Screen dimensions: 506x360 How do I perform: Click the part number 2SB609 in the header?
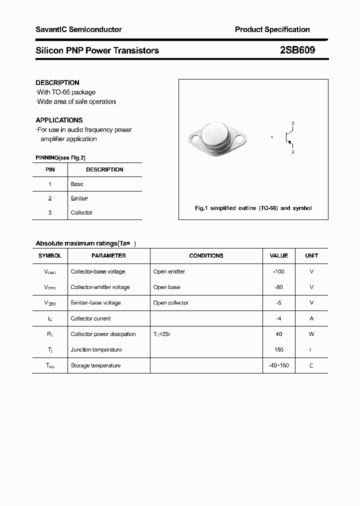297,50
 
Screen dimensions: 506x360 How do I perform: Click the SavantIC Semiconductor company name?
78,29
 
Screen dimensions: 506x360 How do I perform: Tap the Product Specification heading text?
272,29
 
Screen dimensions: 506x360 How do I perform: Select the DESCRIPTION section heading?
57,82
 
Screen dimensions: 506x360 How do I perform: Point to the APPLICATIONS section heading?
59,120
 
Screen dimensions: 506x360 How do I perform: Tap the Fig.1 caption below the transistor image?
253,208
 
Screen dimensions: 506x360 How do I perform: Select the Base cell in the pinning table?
77,184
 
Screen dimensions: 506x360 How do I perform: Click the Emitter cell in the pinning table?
79,198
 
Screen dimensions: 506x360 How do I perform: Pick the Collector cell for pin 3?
81,212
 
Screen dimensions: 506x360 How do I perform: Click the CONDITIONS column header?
206,255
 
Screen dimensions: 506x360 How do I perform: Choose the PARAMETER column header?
108,255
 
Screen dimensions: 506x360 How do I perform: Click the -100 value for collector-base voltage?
278,271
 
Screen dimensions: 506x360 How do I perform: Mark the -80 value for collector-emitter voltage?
278,287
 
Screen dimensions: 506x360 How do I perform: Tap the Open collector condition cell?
171,302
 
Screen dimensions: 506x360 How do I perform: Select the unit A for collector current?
311,318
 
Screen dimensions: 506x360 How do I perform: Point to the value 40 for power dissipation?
278,334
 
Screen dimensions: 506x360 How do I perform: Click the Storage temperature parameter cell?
95,365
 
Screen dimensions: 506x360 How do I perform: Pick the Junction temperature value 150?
278,349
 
